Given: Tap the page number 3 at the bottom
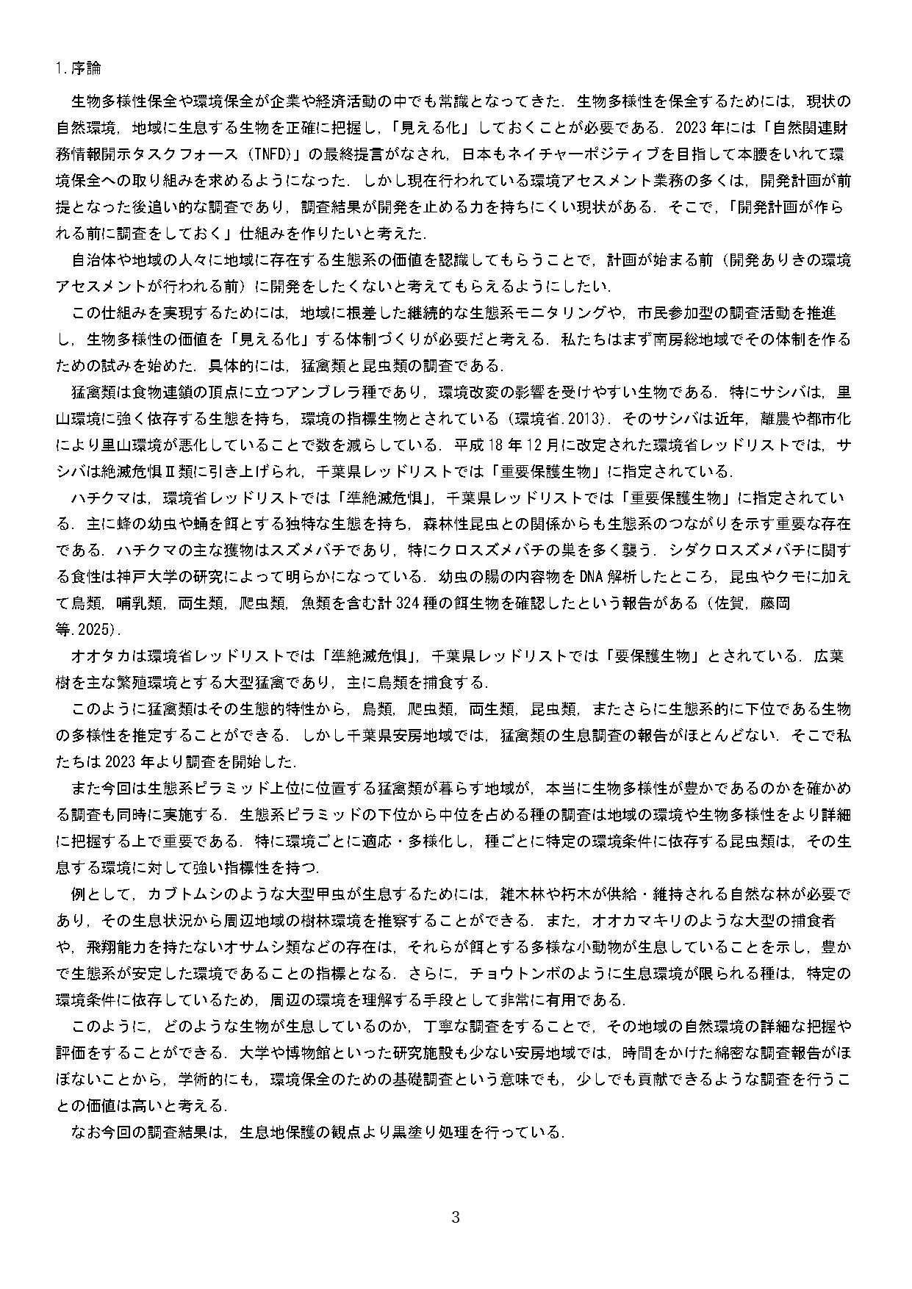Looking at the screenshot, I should (x=455, y=1218).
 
